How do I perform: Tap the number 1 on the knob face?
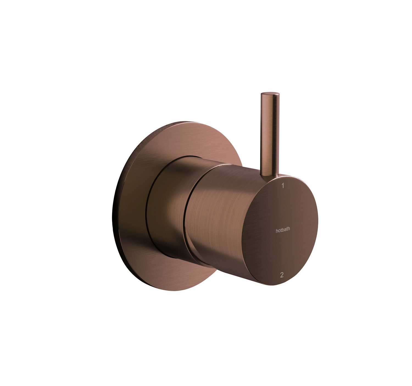[283, 186]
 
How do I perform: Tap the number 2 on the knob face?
[282, 275]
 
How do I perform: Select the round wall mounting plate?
[133, 208]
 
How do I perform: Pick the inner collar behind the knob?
[166, 208]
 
